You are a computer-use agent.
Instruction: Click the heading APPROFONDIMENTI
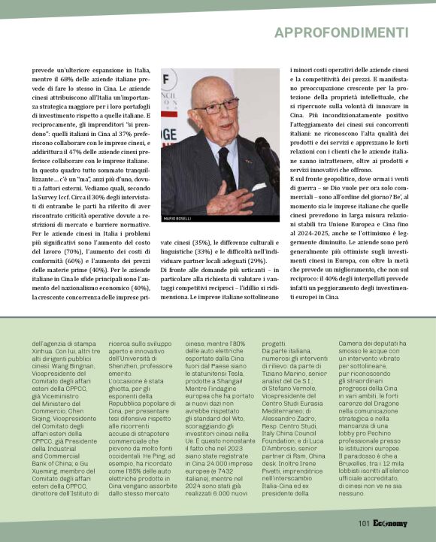pyautogui.click(x=347, y=32)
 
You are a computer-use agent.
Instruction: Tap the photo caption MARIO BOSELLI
pyautogui.click(x=177, y=218)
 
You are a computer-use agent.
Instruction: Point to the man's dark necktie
pyautogui.click(x=226, y=168)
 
